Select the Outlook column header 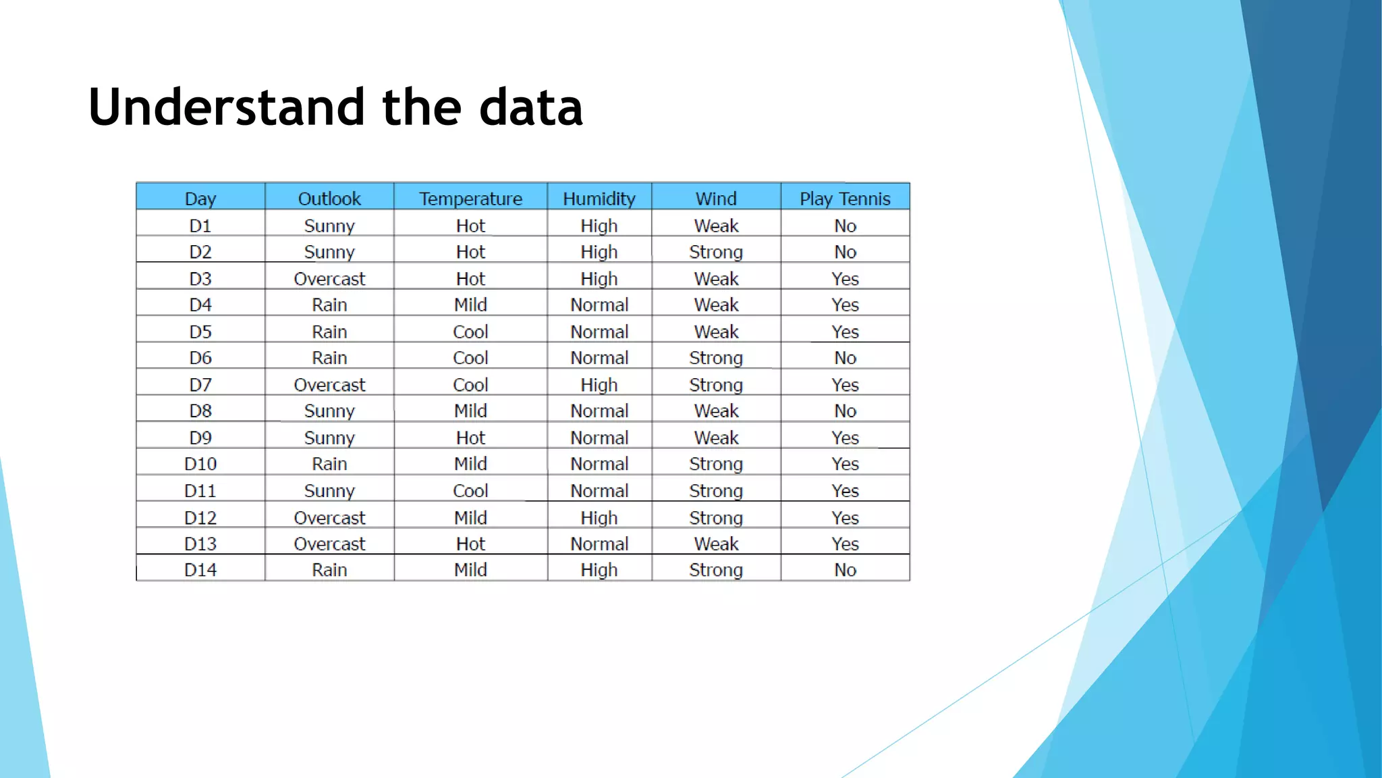click(329, 199)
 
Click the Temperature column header click(470, 199)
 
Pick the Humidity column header click(599, 199)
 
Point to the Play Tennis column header click(845, 199)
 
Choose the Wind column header click(716, 199)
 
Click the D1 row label click(200, 226)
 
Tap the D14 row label click(200, 570)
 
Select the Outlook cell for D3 click(329, 279)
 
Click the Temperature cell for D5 click(470, 332)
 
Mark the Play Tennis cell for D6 click(845, 358)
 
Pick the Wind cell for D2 click(716, 252)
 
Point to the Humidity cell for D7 click(599, 385)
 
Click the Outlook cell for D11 click(329, 491)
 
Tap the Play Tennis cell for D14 click(845, 570)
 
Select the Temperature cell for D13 click(470, 544)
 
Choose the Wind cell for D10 click(716, 464)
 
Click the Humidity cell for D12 click(599, 518)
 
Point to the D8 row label click(200, 411)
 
